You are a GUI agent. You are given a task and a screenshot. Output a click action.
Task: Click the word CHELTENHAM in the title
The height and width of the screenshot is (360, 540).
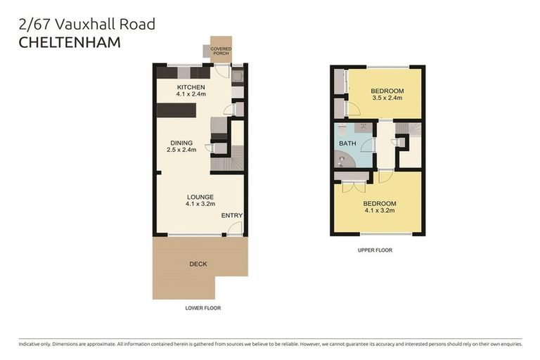coord(69,43)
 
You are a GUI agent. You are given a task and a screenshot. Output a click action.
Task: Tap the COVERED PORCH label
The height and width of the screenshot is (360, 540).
coord(221,51)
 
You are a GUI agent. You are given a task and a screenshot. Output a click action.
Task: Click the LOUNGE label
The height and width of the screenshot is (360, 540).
coord(200,197)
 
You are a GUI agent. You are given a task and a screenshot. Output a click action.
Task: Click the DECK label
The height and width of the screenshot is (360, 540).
coord(198,264)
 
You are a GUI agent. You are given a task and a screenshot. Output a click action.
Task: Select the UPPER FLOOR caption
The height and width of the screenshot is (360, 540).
coord(375,250)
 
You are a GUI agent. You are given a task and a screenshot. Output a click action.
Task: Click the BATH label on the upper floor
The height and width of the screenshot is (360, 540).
coord(347,143)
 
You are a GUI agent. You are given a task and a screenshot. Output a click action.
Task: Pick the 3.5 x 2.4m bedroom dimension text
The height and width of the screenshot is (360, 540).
coord(387,99)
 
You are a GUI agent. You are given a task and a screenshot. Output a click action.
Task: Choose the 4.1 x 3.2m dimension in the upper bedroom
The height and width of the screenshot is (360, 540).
coord(380,210)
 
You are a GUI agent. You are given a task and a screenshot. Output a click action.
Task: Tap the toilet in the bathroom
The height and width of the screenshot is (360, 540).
coord(340,131)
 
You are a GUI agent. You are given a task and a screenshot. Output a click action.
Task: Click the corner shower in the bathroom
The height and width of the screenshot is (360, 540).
coord(342,160)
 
